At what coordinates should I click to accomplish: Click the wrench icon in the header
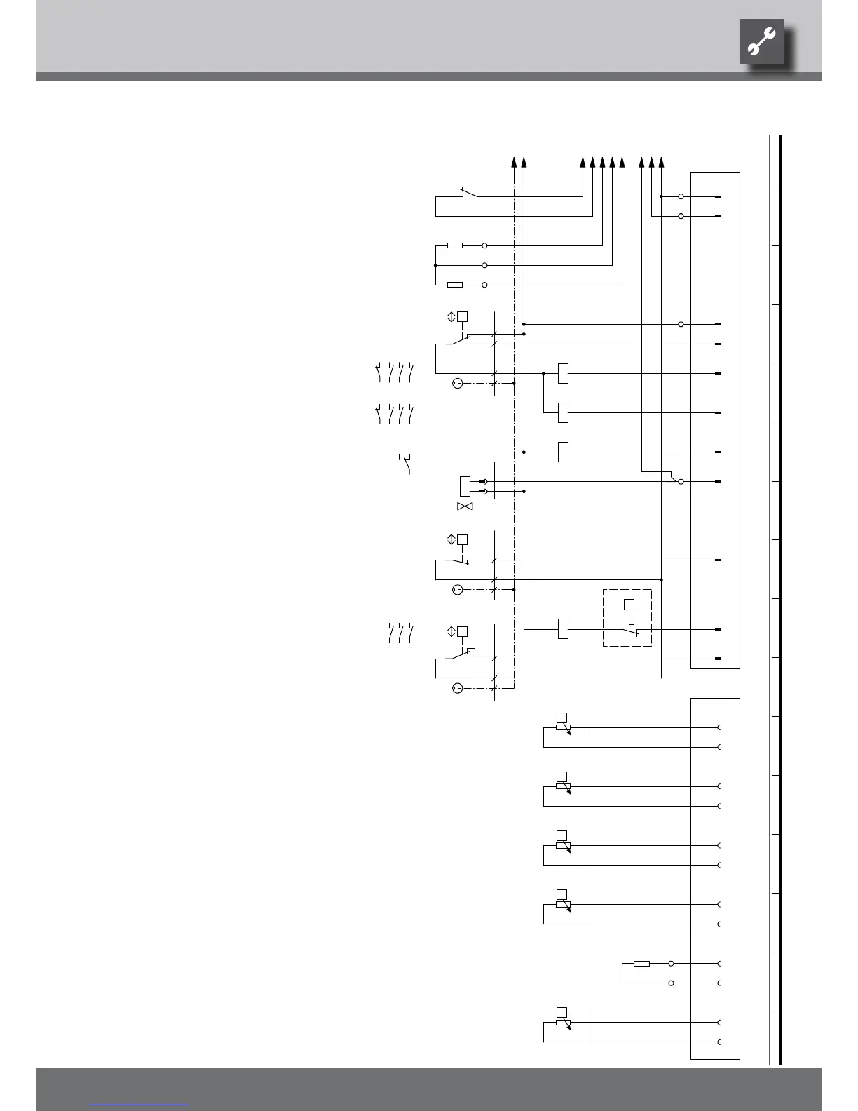pos(761,42)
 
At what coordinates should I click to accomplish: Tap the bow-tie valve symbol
pos(465,506)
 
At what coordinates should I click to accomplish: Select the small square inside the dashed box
pos(629,604)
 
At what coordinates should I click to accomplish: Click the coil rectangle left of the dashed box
pos(563,629)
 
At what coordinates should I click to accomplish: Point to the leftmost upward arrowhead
pos(514,162)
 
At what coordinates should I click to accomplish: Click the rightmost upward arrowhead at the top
pos(662,162)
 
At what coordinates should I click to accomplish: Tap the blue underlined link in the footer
pos(139,1105)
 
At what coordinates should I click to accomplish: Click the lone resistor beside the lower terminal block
pos(641,963)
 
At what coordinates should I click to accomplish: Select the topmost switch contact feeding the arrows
pos(465,192)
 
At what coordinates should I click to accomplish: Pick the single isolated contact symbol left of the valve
pos(405,464)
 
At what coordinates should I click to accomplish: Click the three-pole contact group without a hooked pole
pos(400,633)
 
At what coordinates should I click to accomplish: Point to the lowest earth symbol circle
pos(457,688)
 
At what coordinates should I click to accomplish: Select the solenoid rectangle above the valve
pos(465,486)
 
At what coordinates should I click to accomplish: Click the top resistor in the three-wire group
pos(455,245)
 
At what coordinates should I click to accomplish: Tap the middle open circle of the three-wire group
pos(484,265)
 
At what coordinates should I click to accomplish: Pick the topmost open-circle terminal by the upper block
pos(681,197)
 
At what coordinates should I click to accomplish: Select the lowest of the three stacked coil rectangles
pos(563,452)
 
